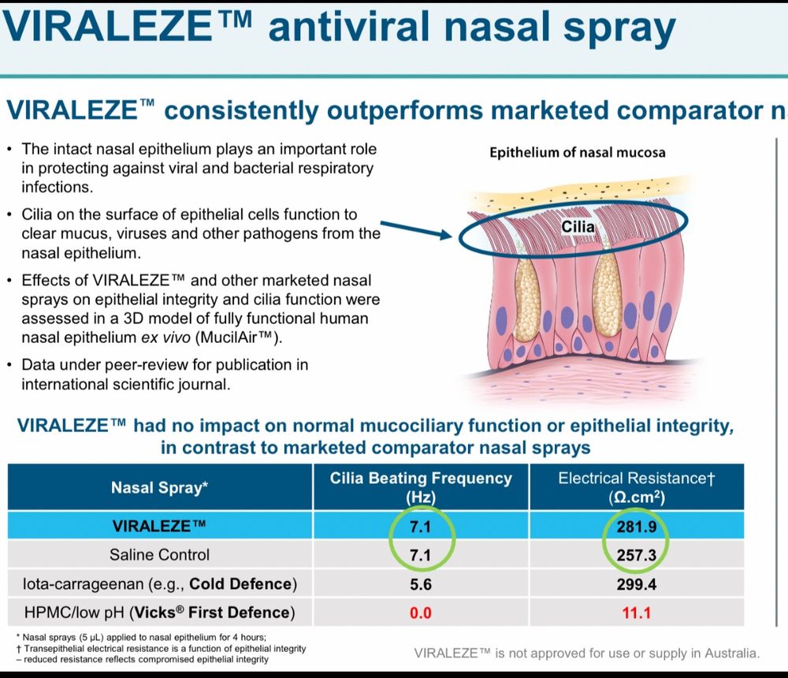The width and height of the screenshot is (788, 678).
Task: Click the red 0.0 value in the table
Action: click(x=421, y=613)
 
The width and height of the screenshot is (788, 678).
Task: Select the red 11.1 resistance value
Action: click(x=636, y=613)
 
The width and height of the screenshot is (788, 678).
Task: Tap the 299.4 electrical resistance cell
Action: click(x=636, y=584)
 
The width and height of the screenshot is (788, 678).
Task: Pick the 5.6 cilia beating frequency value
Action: click(x=421, y=584)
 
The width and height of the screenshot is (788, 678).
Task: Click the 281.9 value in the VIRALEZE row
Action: click(x=636, y=527)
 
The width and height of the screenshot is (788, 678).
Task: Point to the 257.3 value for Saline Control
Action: click(x=636, y=555)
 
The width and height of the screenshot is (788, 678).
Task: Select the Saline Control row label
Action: click(x=159, y=555)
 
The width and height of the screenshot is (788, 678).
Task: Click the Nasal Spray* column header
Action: click(x=160, y=487)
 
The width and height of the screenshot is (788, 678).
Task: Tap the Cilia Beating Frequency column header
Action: click(x=421, y=487)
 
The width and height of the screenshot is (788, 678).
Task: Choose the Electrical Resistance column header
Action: click(x=636, y=487)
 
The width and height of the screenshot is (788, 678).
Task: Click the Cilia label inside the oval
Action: click(x=578, y=227)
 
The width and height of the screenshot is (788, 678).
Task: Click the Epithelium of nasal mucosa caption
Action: click(x=578, y=152)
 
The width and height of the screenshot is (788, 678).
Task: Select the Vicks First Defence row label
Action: click(x=159, y=613)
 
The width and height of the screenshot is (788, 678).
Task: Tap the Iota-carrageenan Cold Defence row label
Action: click(x=160, y=584)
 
